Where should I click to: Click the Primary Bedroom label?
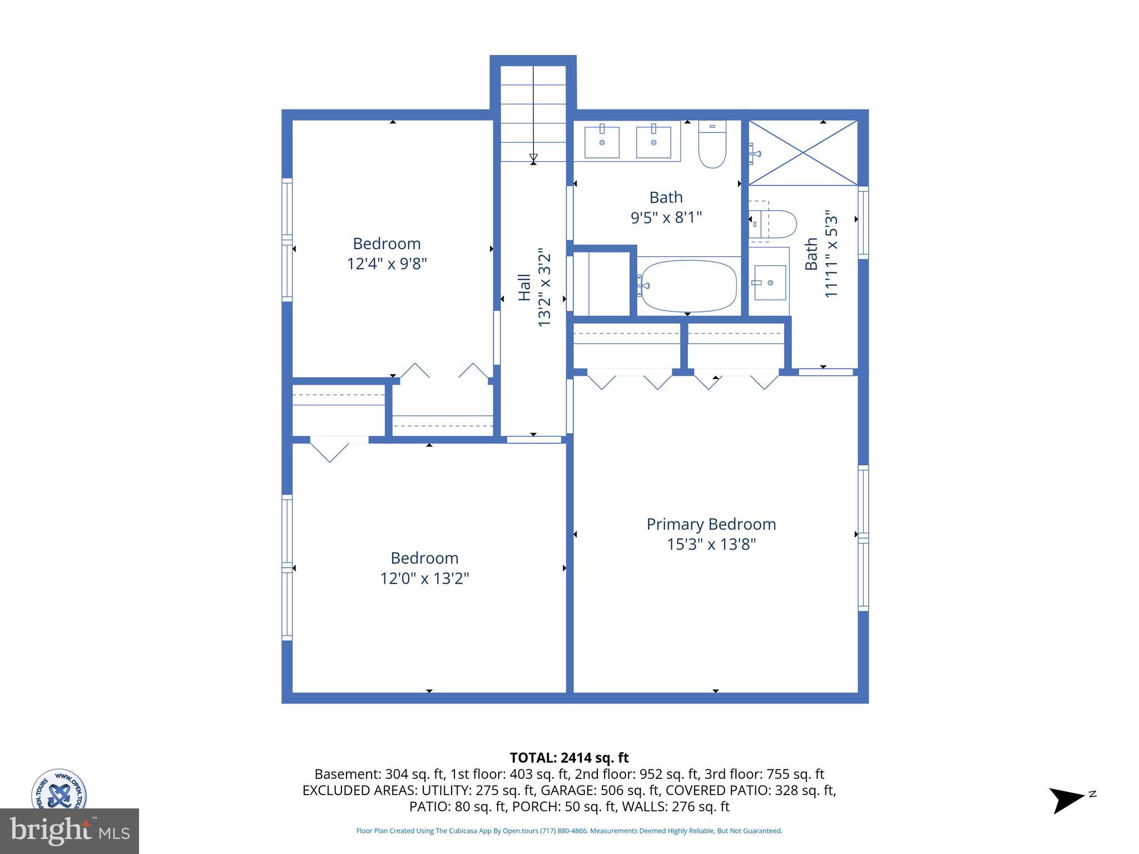711,524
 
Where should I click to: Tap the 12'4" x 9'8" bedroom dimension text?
387,264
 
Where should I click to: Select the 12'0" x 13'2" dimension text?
424,579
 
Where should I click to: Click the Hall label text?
524,287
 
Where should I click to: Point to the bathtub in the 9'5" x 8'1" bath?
689,286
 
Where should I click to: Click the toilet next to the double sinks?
712,144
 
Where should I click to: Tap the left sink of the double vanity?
602,142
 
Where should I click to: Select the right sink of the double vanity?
653,142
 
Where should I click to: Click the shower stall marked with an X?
803,152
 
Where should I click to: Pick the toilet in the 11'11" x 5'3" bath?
774,224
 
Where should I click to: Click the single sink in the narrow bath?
770,282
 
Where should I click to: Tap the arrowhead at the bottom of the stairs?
533,158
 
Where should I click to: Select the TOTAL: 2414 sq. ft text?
569,758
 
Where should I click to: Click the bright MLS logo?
70,831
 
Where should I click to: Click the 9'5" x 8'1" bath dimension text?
666,217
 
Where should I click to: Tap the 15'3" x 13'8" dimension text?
711,544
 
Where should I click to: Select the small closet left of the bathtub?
601,284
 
